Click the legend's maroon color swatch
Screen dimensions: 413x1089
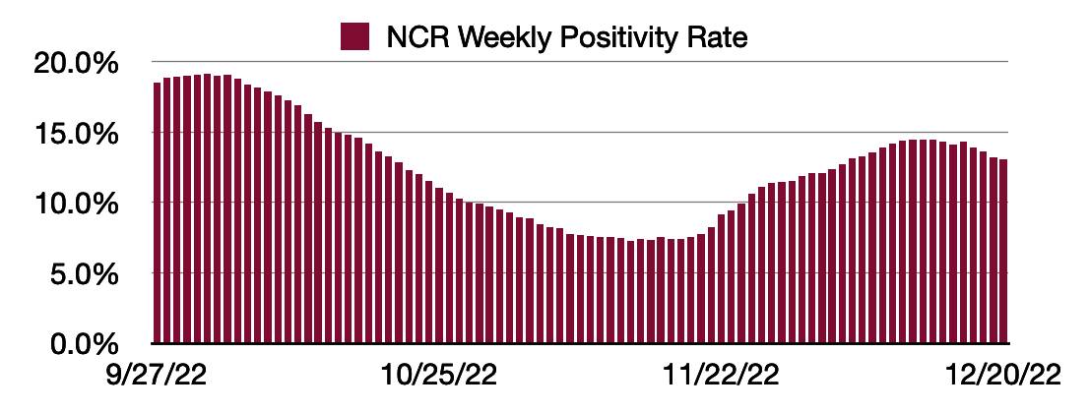click(354, 37)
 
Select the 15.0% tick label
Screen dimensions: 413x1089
click(77, 133)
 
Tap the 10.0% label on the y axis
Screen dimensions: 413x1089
click(77, 203)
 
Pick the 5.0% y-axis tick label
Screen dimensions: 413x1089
click(84, 273)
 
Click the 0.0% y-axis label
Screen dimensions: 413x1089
click(84, 343)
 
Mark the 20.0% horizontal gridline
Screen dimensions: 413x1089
click(591, 62)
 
